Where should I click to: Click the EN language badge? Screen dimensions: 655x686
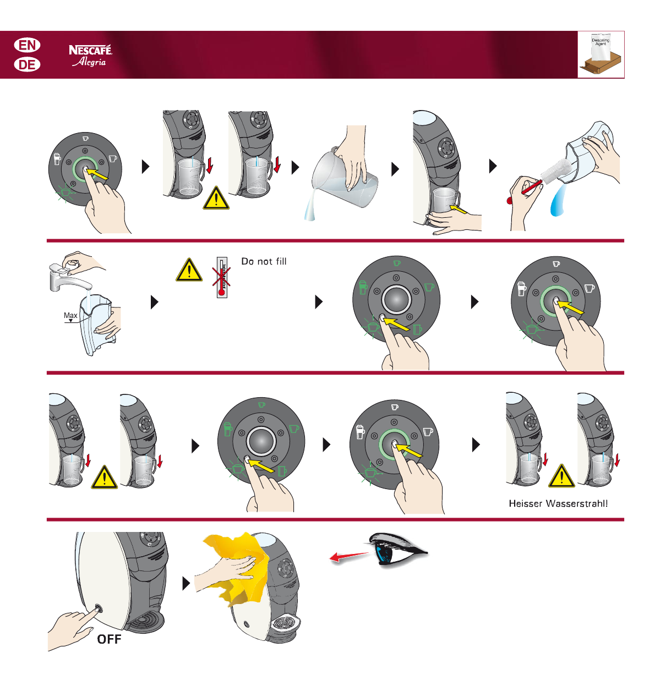point(27,45)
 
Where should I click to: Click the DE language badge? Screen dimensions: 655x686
point(27,64)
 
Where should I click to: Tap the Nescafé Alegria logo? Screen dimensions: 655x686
point(90,56)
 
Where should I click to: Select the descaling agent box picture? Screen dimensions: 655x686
point(601,54)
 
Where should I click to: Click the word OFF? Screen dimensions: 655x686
point(109,639)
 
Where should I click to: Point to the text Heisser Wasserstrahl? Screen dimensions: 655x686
point(558,503)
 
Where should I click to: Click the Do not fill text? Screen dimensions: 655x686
point(264,261)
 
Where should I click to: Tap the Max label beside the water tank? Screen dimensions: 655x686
point(70,315)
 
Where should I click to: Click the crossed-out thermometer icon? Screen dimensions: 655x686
point(222,276)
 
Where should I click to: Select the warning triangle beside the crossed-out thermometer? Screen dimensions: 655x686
point(189,270)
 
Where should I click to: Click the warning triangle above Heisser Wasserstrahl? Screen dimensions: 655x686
point(561,477)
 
